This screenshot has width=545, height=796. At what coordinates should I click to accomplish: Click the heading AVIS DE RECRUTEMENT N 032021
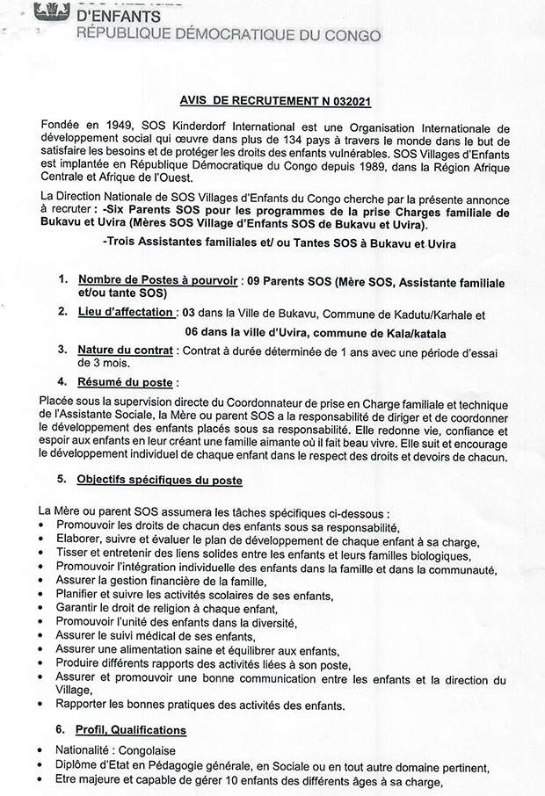pyautogui.click(x=272, y=101)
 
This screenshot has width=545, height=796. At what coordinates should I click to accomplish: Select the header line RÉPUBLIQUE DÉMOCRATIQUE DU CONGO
pyautogui.click(x=229, y=35)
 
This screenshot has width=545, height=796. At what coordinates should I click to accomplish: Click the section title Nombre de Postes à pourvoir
pyautogui.click(x=156, y=279)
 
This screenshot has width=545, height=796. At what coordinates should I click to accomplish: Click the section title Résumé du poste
pyautogui.click(x=124, y=382)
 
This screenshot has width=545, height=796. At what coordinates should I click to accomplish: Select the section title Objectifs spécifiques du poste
pyautogui.click(x=159, y=481)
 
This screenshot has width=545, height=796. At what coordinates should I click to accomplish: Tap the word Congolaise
pyautogui.click(x=149, y=750)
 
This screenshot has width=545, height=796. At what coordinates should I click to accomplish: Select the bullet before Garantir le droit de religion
pyautogui.click(x=43, y=608)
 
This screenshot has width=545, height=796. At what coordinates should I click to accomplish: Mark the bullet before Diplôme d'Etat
pyautogui.click(x=43, y=766)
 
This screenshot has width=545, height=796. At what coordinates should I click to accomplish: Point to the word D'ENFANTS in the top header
pyautogui.click(x=119, y=17)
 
